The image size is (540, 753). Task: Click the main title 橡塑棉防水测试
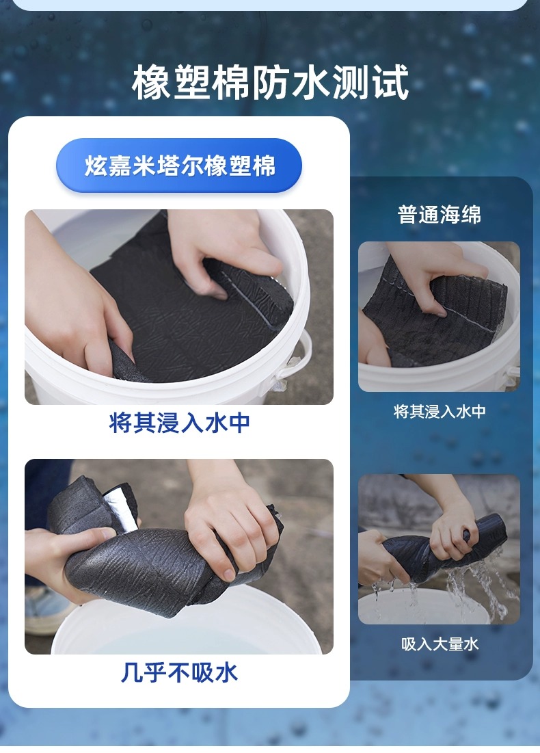pyautogui.click(x=270, y=83)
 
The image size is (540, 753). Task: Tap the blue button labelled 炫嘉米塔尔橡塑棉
pyautogui.click(x=179, y=166)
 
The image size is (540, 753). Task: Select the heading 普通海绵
pyautogui.click(x=440, y=214)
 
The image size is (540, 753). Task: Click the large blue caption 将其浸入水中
pyautogui.click(x=179, y=423)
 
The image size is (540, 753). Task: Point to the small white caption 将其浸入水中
pyautogui.click(x=440, y=412)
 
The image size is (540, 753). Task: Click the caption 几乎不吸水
pyautogui.click(x=179, y=672)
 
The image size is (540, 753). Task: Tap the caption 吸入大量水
pyautogui.click(x=440, y=644)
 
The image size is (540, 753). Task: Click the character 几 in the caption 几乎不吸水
pyautogui.click(x=131, y=672)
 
